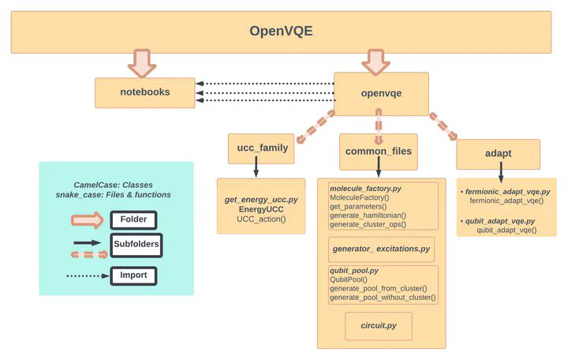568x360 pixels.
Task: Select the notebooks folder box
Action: click(x=144, y=92)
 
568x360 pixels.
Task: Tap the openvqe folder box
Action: click(x=381, y=93)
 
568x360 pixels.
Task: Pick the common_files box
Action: click(x=379, y=152)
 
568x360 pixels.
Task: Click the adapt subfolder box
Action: click(x=498, y=154)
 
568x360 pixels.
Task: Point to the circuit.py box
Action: click(x=379, y=326)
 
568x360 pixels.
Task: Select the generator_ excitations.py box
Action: click(x=381, y=249)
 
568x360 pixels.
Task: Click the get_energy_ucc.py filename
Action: click(x=260, y=200)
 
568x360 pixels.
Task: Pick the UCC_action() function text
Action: click(x=261, y=219)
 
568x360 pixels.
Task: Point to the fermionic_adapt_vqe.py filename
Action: click(x=507, y=192)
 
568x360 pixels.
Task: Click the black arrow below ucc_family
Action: click(x=256, y=167)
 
